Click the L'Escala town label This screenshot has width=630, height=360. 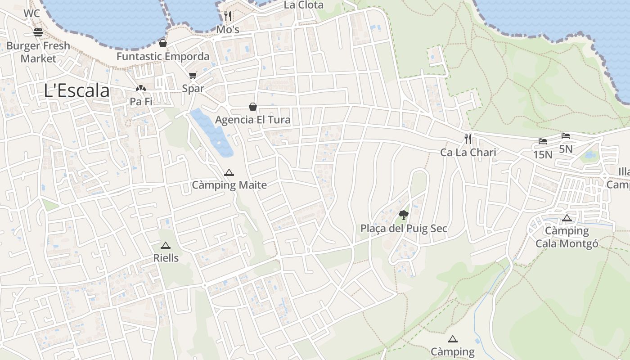click(x=77, y=90)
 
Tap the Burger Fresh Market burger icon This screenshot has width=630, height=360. click(x=38, y=32)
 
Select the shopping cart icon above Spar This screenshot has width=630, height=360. click(x=193, y=76)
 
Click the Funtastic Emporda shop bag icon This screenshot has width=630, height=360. click(x=163, y=43)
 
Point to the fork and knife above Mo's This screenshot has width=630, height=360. click(x=228, y=16)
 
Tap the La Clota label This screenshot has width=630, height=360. click(x=304, y=5)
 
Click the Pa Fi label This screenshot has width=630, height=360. click(x=141, y=101)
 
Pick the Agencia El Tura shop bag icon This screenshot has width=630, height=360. click(x=253, y=107)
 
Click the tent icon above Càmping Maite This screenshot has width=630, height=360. click(x=229, y=172)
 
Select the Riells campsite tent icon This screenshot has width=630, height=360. click(x=166, y=246)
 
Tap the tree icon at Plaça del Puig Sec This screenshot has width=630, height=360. click(x=404, y=215)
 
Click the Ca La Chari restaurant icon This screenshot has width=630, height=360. click(x=468, y=139)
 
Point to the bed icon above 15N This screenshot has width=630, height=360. click(x=543, y=141)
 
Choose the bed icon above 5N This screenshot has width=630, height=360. click(x=566, y=136)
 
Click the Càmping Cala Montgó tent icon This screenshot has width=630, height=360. click(x=567, y=218)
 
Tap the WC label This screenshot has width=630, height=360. click(x=31, y=13)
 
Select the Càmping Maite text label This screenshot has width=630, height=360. click(x=229, y=185)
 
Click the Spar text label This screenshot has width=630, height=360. click(x=193, y=88)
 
